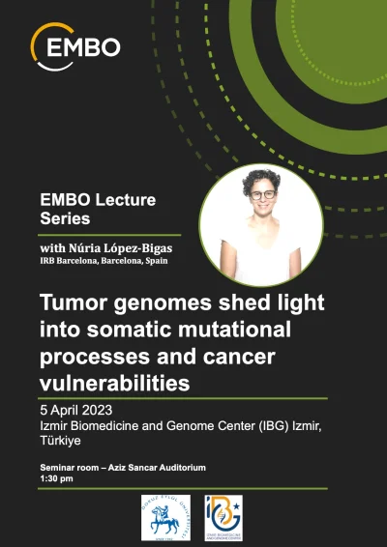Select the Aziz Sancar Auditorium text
pyautogui.click(x=152, y=469)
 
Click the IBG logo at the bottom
pyautogui.click(x=225, y=517)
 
